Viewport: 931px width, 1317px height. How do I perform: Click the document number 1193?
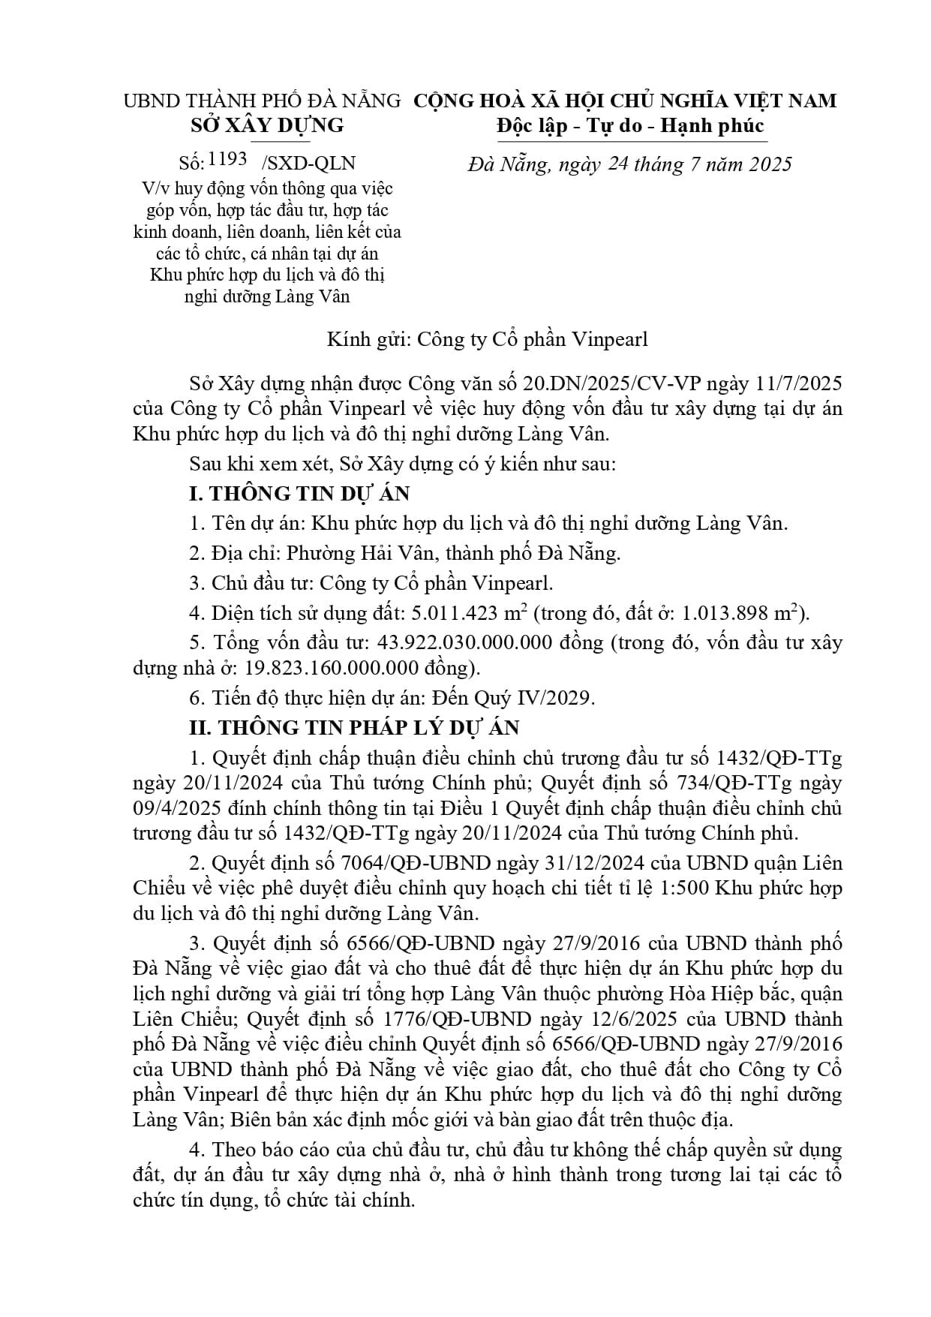(x=228, y=160)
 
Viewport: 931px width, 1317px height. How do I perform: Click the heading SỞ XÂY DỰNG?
(x=267, y=125)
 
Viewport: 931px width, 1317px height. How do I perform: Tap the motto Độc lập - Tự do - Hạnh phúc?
(x=630, y=125)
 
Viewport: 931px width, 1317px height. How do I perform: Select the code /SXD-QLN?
(x=308, y=164)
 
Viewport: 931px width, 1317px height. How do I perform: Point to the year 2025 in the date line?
(x=767, y=164)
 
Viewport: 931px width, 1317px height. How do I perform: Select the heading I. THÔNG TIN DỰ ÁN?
(x=299, y=493)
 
